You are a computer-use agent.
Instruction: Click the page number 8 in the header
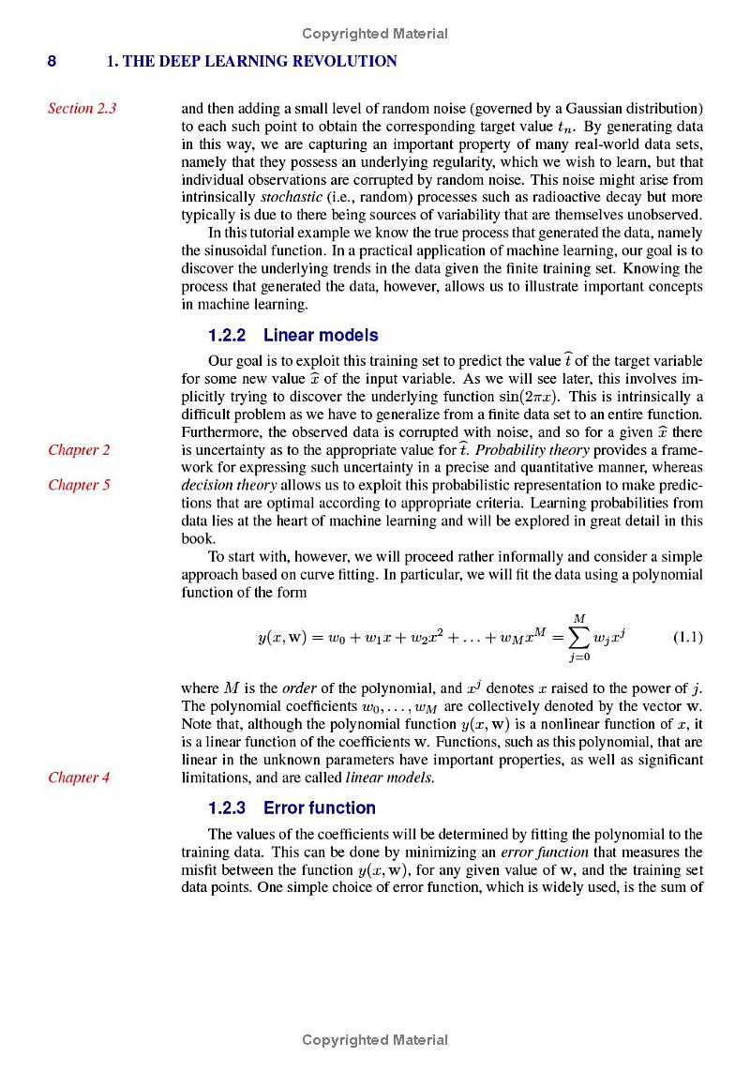click(52, 62)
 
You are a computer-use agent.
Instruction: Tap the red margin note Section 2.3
click(82, 108)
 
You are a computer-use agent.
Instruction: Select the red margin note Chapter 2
click(79, 449)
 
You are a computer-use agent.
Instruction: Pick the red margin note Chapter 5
click(79, 485)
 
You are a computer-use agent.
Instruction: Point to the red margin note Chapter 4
click(79, 777)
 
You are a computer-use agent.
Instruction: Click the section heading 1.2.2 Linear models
click(292, 335)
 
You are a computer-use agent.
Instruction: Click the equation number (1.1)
click(688, 638)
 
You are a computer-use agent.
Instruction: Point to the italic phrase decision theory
click(229, 485)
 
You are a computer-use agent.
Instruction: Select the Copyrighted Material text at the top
click(374, 34)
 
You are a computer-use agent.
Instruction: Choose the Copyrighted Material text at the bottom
click(374, 1039)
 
